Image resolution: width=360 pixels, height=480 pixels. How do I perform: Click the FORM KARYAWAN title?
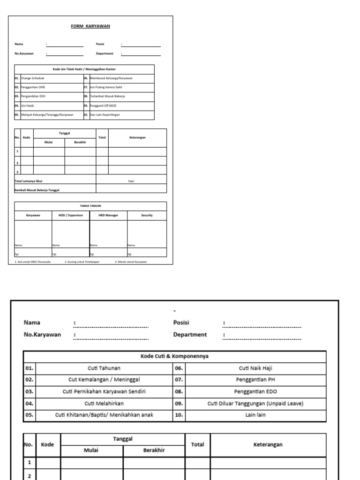90,26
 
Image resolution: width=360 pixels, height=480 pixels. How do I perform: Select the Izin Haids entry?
28,105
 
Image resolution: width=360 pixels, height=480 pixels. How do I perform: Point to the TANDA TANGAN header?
90,206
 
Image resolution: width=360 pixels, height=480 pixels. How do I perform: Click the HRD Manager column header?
108,215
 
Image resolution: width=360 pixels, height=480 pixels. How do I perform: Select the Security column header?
147,215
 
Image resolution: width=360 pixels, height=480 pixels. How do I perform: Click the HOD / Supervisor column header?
71,215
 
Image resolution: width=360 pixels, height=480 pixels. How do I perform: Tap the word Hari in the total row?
131,180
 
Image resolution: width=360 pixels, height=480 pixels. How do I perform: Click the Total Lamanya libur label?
31,180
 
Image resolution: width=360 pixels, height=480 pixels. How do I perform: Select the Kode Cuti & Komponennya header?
174,356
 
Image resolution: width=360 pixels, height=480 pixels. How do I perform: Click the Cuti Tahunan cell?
104,368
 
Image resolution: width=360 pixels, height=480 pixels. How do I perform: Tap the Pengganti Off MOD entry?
103,105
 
